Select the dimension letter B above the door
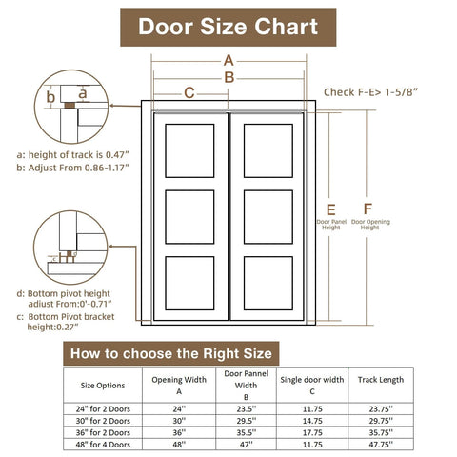(x=228, y=77)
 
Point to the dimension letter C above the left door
(x=189, y=92)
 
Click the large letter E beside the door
(x=330, y=209)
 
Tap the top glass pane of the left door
(x=189, y=150)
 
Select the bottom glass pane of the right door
(x=268, y=283)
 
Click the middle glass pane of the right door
(x=268, y=217)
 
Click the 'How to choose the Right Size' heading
(x=171, y=352)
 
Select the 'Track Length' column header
(x=380, y=379)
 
